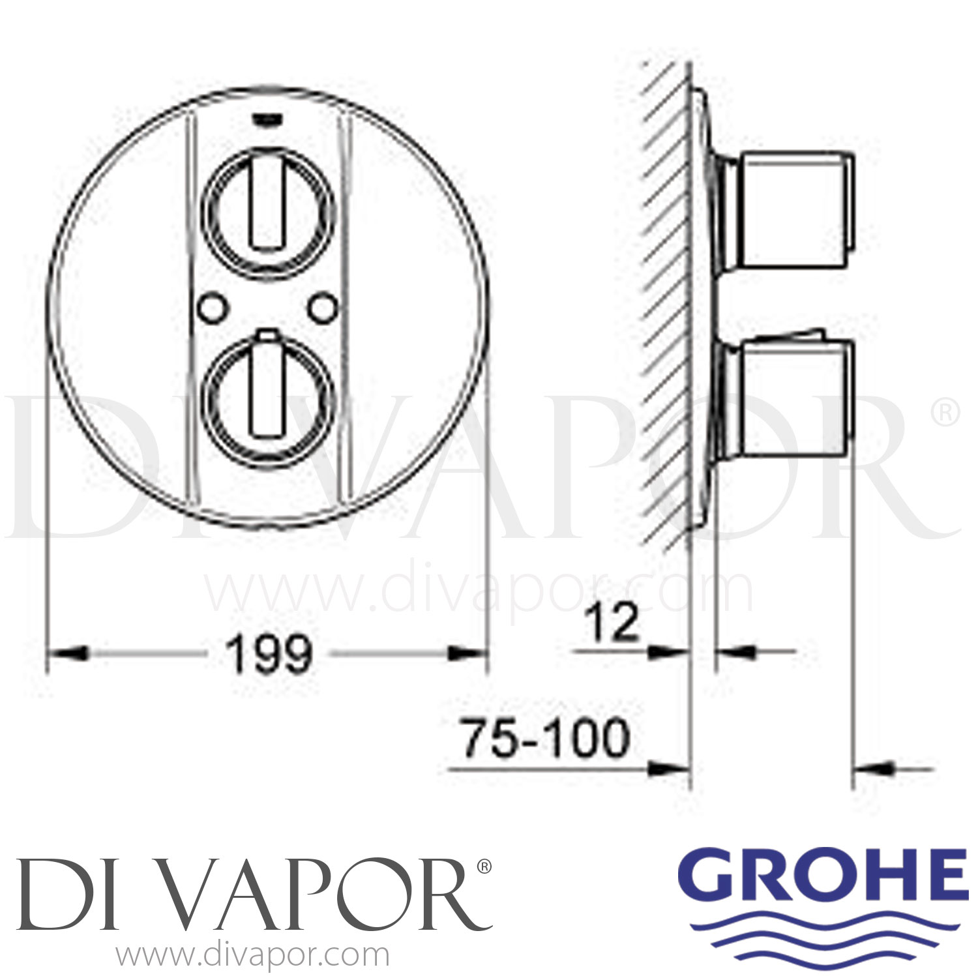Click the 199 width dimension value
(x=269, y=655)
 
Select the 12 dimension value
(x=612, y=623)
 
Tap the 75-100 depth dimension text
(x=546, y=739)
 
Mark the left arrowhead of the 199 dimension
(x=68, y=653)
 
